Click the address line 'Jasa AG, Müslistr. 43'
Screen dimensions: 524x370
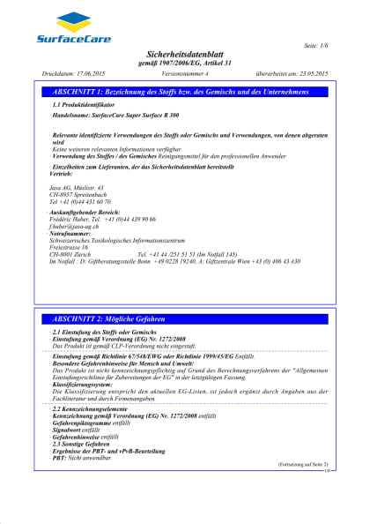77,189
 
